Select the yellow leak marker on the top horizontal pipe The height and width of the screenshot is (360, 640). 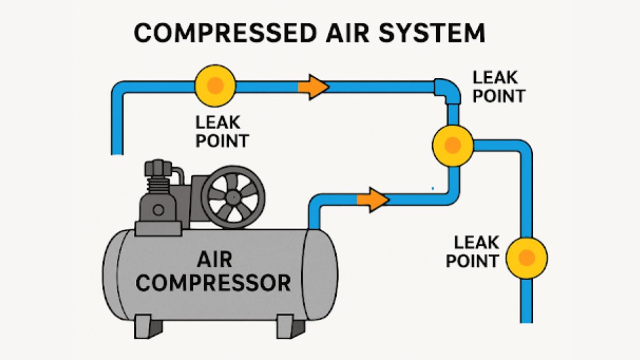tap(215, 85)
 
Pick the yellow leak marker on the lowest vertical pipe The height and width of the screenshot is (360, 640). tap(526, 258)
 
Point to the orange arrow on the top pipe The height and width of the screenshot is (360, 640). tap(313, 87)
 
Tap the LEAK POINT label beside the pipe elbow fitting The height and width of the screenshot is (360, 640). tap(499, 86)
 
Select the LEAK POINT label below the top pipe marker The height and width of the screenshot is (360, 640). tap(222, 132)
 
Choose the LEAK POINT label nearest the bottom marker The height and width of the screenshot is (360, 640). tap(473, 252)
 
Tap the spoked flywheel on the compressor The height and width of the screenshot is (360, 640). tap(233, 197)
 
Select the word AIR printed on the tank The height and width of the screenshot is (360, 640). tap(214, 260)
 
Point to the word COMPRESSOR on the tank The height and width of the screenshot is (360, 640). tap(213, 283)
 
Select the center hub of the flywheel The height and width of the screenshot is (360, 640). tap(233, 197)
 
